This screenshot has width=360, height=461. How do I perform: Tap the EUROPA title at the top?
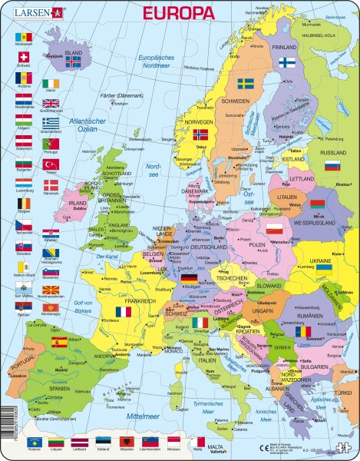(x=178, y=13)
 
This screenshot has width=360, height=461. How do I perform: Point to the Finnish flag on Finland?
(x=287, y=62)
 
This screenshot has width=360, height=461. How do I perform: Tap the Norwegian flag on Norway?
(x=200, y=136)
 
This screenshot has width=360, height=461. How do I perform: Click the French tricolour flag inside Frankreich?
(x=123, y=312)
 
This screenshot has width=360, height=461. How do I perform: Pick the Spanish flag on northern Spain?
(x=58, y=342)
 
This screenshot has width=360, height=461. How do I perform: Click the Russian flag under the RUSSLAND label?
(x=332, y=165)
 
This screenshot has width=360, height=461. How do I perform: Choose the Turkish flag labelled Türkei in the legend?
(x=51, y=164)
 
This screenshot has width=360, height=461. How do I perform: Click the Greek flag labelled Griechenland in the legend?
(x=51, y=123)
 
